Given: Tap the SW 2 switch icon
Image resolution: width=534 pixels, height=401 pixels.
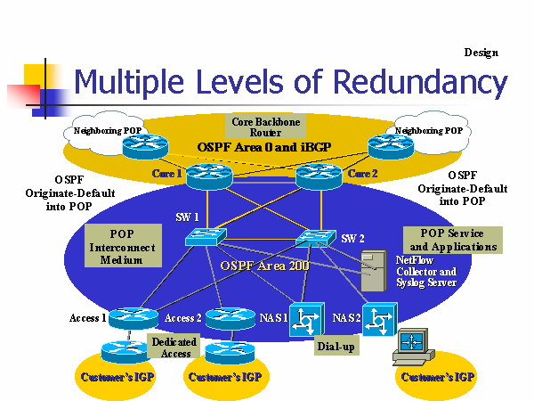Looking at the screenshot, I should (x=313, y=238).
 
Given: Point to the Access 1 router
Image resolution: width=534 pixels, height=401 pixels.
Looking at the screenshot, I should (x=134, y=317).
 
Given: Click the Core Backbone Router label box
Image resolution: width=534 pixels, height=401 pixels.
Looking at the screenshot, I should (x=265, y=126).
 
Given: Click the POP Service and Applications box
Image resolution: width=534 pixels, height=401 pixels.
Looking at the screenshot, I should (x=452, y=239).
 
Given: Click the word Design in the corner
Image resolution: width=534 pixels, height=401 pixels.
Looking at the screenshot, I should (x=481, y=52).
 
